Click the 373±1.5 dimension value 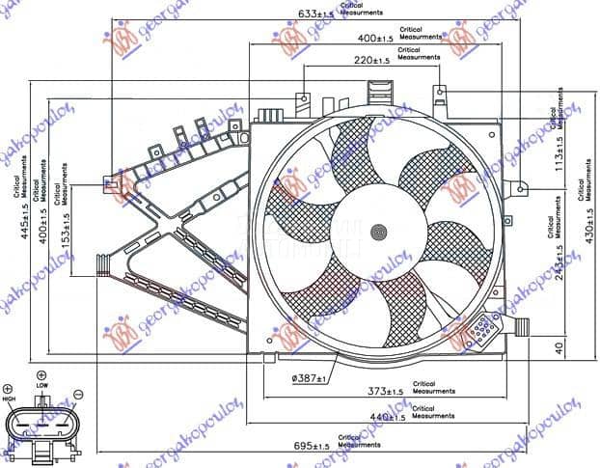[x=386, y=391]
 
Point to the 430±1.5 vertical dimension [x=589, y=231]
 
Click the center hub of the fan [x=378, y=232]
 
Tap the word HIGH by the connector [x=9, y=399]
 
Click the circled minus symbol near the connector [x=77, y=394]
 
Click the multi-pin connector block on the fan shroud [x=480, y=333]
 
